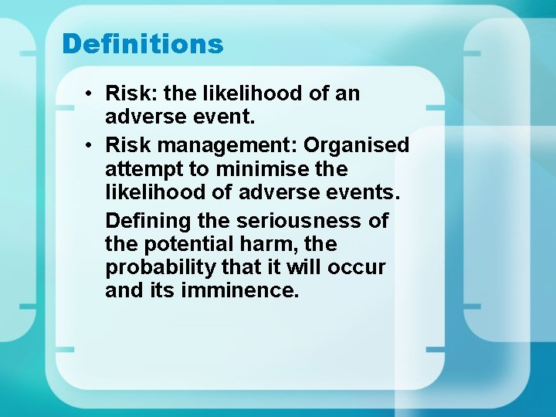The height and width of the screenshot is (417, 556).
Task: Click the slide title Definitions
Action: click(x=143, y=44)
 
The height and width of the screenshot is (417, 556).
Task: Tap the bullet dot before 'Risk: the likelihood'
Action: click(x=90, y=94)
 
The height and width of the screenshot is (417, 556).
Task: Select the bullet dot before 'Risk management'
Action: click(x=90, y=145)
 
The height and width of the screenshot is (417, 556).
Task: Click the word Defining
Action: click(x=147, y=221)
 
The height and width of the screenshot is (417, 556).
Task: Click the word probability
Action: click(x=158, y=268)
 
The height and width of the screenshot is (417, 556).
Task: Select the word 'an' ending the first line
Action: click(x=347, y=94)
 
